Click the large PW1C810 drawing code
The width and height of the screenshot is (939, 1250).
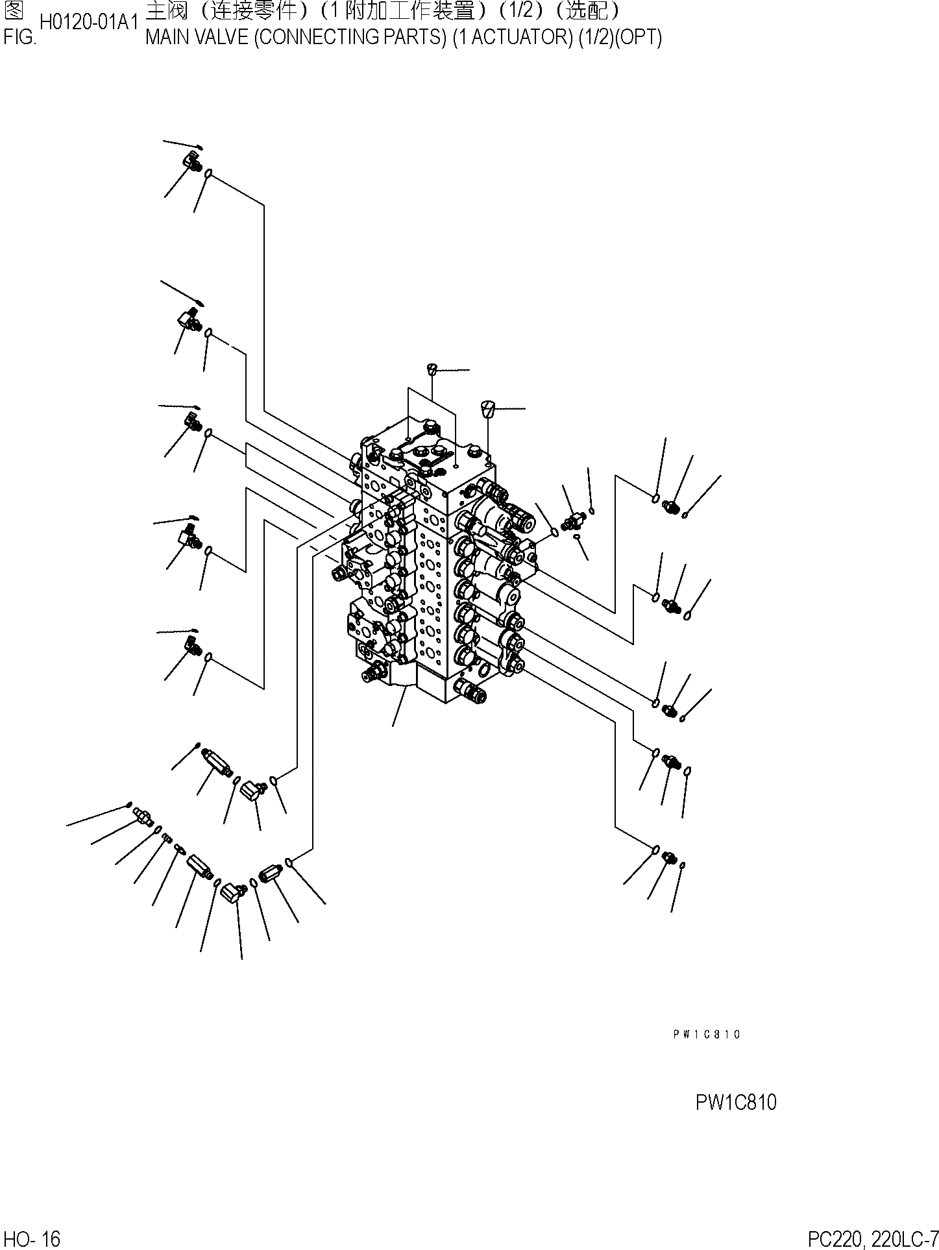click(x=736, y=1103)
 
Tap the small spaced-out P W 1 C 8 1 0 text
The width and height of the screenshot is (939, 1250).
click(x=707, y=1035)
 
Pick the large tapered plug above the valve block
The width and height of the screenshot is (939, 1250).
click(x=488, y=411)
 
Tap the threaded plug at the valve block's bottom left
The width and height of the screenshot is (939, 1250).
click(x=372, y=673)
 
